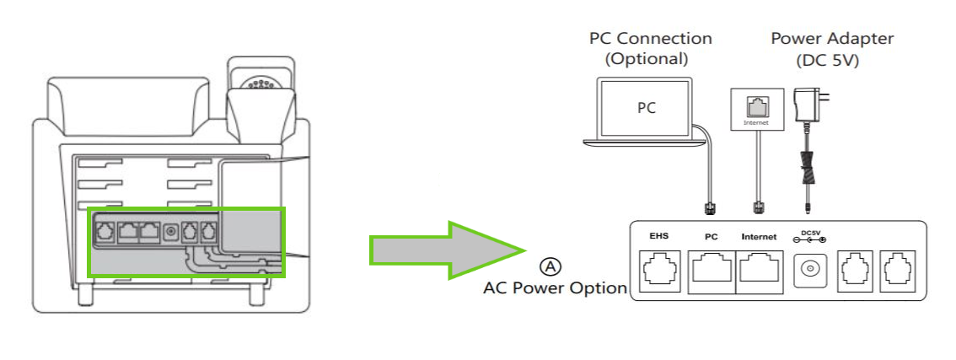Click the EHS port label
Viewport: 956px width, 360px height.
click(658, 237)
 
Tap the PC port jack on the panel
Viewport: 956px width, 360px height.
click(711, 271)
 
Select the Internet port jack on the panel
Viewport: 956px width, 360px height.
click(759, 271)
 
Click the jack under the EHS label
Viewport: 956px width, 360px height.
click(658, 271)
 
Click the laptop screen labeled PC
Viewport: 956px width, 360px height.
click(645, 108)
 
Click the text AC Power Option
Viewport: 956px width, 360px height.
click(555, 288)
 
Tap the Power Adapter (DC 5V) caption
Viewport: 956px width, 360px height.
click(831, 49)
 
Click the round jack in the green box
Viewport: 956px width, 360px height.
click(171, 230)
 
